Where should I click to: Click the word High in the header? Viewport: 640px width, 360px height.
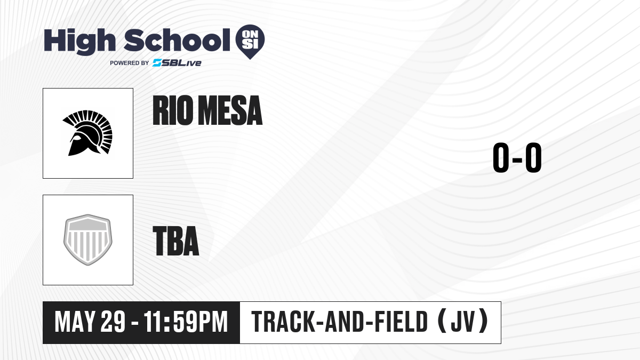coord(79,41)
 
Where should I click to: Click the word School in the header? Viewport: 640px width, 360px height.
coord(177,40)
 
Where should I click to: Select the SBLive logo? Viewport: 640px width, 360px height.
coord(177,63)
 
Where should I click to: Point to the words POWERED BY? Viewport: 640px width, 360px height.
coord(130,63)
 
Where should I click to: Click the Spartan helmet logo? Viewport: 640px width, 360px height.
coord(87,133)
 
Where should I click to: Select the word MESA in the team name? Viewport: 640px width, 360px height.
coord(230,110)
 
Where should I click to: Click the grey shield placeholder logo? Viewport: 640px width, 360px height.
coord(87,239)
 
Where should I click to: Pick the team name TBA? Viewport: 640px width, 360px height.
coord(176,241)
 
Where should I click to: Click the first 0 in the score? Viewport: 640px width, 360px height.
coord(501,157)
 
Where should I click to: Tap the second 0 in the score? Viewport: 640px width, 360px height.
coord(533,157)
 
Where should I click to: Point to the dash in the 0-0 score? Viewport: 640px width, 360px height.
coord(517,159)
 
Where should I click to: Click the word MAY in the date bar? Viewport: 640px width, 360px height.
coord(75,322)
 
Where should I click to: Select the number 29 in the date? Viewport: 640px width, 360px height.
coord(113,322)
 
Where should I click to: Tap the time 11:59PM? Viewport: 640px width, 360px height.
coord(186,322)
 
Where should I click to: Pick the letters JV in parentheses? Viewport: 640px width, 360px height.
coord(463,322)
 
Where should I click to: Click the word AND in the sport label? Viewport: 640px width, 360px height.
coord(345,322)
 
